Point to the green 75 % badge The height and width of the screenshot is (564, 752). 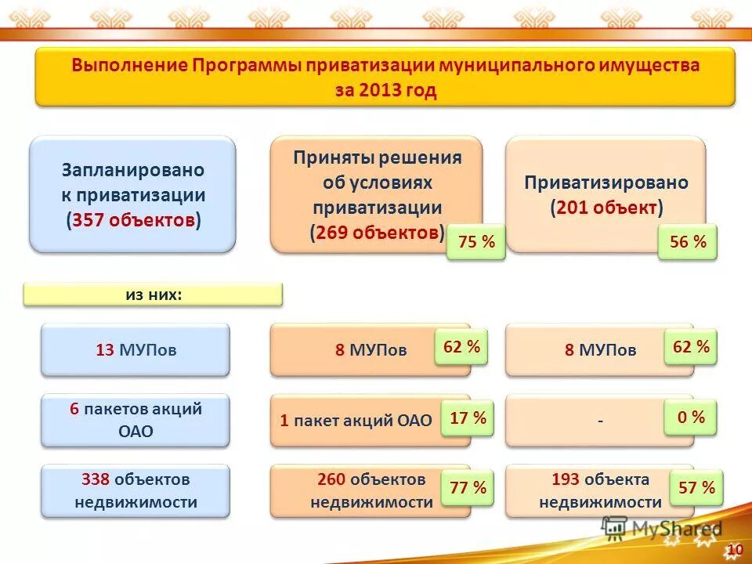[x=476, y=243]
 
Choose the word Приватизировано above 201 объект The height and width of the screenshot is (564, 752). [x=606, y=183]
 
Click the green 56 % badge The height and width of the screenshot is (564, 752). [x=688, y=243]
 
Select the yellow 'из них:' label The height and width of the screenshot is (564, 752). [x=153, y=295]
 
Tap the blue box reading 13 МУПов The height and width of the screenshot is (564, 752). [x=136, y=350]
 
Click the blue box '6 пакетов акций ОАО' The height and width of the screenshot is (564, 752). [x=136, y=420]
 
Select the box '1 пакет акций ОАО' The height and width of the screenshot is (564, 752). [x=356, y=421]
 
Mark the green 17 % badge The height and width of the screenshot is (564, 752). [x=468, y=418]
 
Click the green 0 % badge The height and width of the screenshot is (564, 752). [x=690, y=418]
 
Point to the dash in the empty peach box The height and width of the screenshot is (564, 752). [x=600, y=421]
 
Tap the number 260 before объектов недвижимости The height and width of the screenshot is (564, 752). [x=332, y=479]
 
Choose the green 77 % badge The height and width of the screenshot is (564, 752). [x=468, y=488]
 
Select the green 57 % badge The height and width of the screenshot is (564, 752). [x=696, y=488]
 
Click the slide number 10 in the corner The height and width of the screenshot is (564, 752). [x=735, y=550]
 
